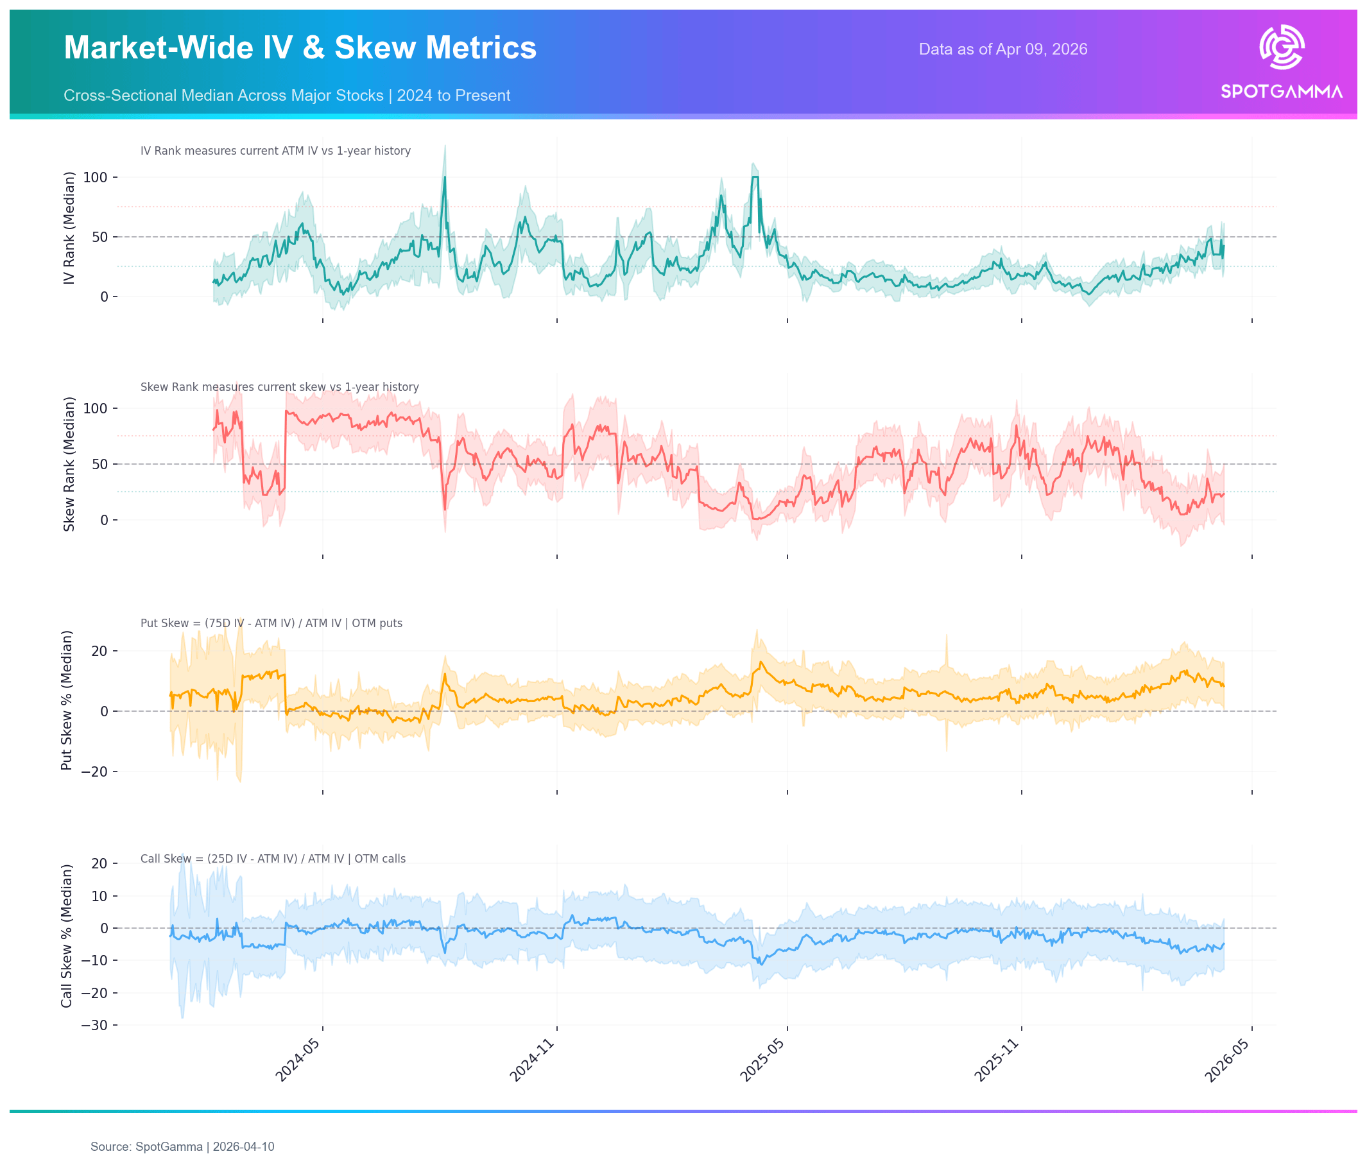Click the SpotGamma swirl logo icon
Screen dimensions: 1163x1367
pos(1281,47)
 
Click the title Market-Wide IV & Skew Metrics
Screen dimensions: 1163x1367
pos(300,47)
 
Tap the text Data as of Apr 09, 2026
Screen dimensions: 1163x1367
pos(1002,49)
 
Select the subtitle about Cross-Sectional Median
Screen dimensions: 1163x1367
pos(287,96)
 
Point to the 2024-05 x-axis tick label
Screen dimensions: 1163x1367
pos(298,1060)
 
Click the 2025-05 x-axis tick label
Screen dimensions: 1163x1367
pos(762,1060)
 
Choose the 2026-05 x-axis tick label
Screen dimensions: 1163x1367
pos(1227,1060)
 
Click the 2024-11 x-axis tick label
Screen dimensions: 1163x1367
pos(532,1060)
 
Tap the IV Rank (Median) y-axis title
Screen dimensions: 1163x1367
pos(69,228)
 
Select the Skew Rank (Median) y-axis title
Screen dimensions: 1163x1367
pos(69,464)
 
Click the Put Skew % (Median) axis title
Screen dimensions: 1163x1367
pos(67,700)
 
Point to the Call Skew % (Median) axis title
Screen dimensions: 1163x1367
pos(67,936)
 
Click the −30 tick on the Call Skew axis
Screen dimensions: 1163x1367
pos(94,1025)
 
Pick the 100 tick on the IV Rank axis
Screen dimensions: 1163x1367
pos(95,177)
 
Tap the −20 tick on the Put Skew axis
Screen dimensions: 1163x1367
pos(94,771)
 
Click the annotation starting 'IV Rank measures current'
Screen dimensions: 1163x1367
pos(275,151)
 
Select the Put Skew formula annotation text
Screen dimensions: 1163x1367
pos(271,623)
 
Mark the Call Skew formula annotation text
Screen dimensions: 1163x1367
pos(273,858)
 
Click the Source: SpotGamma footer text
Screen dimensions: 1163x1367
pos(182,1146)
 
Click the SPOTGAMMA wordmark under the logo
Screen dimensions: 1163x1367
pos(1281,92)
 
